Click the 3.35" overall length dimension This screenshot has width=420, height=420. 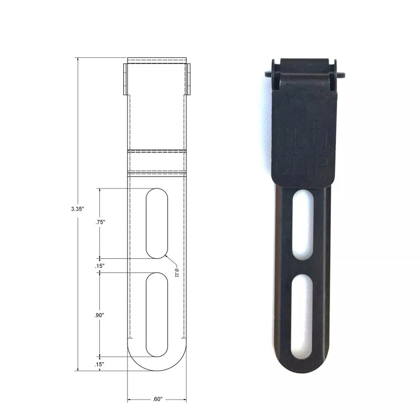tap(78, 208)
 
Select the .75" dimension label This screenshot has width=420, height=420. tap(100, 222)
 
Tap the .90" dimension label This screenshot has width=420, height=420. tap(99, 315)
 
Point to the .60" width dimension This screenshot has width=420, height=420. tap(156, 400)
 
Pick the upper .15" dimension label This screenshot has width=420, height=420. tap(100, 266)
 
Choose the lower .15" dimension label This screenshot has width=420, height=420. tap(100, 364)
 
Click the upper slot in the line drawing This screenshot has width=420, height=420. tap(156, 223)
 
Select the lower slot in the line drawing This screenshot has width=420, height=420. tap(156, 315)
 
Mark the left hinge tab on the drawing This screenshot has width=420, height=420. tap(125, 80)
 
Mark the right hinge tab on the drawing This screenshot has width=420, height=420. tap(188, 80)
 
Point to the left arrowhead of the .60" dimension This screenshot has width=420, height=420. tap(130, 400)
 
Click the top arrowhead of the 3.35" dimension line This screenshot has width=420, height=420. tap(78, 59)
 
